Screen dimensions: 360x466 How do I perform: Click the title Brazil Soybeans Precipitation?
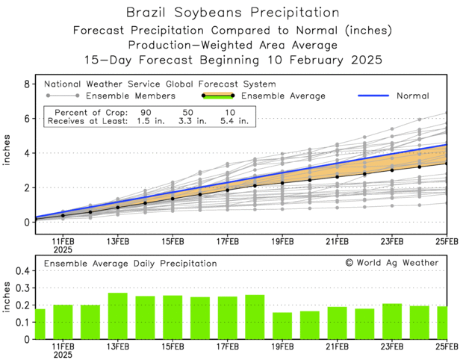pyautogui.click(x=232, y=13)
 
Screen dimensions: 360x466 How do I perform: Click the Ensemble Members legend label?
pyautogui.click(x=130, y=96)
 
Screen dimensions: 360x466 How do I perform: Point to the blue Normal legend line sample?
pyautogui.click(x=375, y=96)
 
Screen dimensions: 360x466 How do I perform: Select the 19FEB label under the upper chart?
pyautogui.click(x=282, y=241)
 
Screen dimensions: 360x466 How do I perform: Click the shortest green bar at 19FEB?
pyautogui.click(x=282, y=326)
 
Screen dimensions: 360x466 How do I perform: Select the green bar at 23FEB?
pyautogui.click(x=392, y=321)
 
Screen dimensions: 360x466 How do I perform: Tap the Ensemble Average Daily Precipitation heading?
pyautogui.click(x=130, y=264)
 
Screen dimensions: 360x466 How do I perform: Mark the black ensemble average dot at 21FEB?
pyautogui.click(x=338, y=176)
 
